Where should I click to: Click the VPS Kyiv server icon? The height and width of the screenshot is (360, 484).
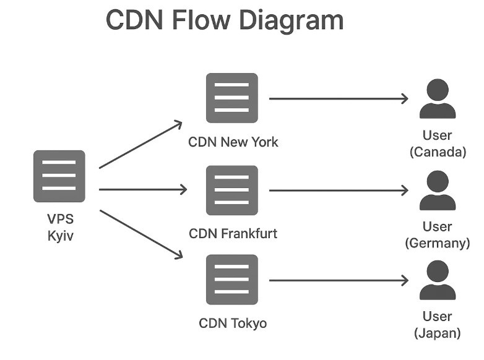[x=59, y=176]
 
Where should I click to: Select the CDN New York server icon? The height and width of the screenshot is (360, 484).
[x=231, y=98]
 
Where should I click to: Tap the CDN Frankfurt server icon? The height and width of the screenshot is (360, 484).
[x=231, y=191]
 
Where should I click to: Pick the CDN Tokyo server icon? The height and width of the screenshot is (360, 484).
[x=231, y=280]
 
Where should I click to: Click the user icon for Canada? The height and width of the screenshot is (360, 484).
[x=438, y=100]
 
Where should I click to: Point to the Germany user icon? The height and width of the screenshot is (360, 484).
[x=438, y=191]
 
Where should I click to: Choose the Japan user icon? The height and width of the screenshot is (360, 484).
[x=438, y=281]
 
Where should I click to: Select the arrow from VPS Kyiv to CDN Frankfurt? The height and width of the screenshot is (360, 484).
[x=142, y=189]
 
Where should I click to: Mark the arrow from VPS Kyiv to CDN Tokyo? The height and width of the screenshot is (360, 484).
[x=140, y=233]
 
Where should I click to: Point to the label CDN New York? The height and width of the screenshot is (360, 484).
[x=233, y=142]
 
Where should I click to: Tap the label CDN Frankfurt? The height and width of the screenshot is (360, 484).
[x=233, y=233]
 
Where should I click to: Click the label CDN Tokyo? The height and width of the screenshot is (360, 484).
[x=233, y=323]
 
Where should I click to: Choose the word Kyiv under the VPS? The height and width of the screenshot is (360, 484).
[x=61, y=236]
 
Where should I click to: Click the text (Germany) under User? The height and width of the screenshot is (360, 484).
[x=438, y=243]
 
